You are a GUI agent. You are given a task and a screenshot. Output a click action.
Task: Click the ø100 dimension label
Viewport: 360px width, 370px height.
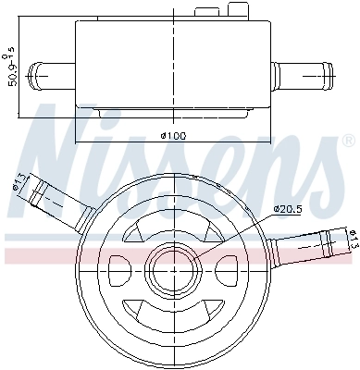point(174,135)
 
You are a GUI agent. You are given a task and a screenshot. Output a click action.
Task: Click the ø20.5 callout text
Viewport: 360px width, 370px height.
point(287,209)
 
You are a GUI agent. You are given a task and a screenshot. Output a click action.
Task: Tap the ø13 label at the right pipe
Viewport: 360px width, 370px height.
point(354,240)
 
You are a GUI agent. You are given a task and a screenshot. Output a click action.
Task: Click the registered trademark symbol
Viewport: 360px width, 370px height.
point(349,141)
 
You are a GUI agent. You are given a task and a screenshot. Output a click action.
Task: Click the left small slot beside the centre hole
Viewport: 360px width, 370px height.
point(120,269)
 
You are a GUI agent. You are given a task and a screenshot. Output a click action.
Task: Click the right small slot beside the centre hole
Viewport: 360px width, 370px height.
point(227,270)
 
